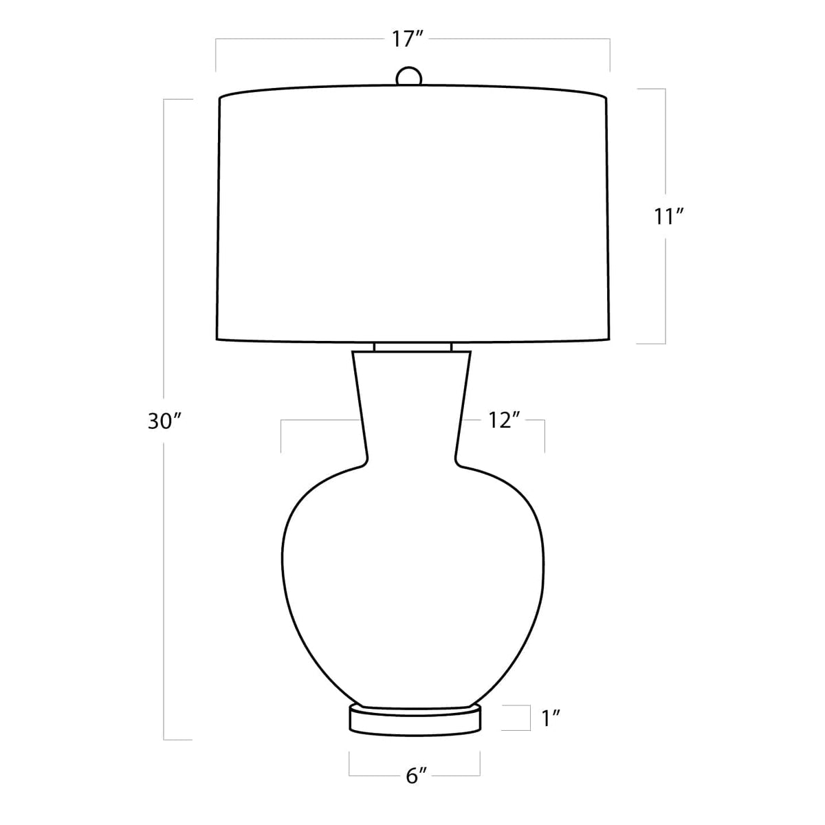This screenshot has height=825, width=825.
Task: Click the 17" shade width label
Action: coord(407,40)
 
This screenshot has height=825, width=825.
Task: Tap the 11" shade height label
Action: coord(669,217)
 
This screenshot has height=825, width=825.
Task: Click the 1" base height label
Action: coord(551,718)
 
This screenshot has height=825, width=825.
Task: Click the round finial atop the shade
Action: coord(409,76)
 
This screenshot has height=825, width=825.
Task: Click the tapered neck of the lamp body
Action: coord(412,407)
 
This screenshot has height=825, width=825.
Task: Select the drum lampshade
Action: coord(412,213)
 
